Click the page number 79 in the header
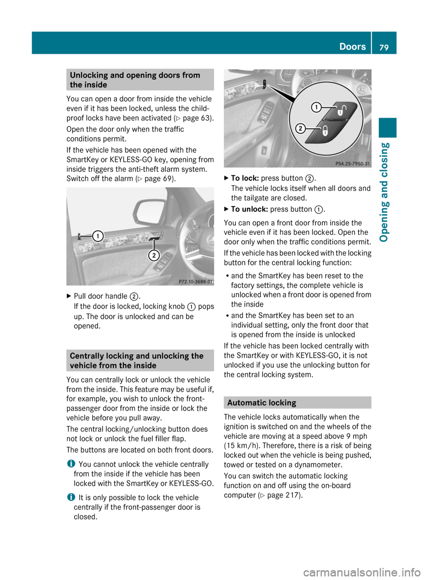384,47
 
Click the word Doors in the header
352,46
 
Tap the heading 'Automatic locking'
262,403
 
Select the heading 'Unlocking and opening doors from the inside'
135,80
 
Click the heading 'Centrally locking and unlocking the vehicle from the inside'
136,360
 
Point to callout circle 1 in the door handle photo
98,236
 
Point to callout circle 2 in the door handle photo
154,255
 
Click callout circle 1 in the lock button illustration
316,107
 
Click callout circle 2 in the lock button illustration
300,129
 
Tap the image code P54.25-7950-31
353,163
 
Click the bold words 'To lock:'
245,178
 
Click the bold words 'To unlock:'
249,209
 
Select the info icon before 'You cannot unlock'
70,464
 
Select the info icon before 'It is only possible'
70,497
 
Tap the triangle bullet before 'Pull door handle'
69,296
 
